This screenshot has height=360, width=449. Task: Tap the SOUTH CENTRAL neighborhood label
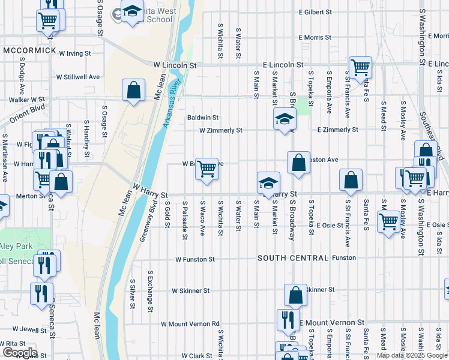point(293,258)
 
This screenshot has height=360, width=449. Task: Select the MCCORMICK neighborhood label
point(29,50)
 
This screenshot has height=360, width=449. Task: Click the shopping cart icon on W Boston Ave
point(206,168)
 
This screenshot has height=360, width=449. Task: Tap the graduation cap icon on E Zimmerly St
point(285,119)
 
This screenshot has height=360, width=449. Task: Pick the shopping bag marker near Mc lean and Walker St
point(133,91)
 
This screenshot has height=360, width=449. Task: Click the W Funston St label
point(194,260)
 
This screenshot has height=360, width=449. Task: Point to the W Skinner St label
point(190,290)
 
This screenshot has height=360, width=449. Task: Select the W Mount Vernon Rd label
point(190,324)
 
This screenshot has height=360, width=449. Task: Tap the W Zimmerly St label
point(220,130)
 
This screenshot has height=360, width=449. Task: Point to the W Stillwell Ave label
point(78,77)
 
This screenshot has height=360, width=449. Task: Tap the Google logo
point(19,352)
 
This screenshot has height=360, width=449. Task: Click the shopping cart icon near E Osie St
point(388,221)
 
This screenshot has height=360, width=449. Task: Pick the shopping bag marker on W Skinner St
point(295,295)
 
